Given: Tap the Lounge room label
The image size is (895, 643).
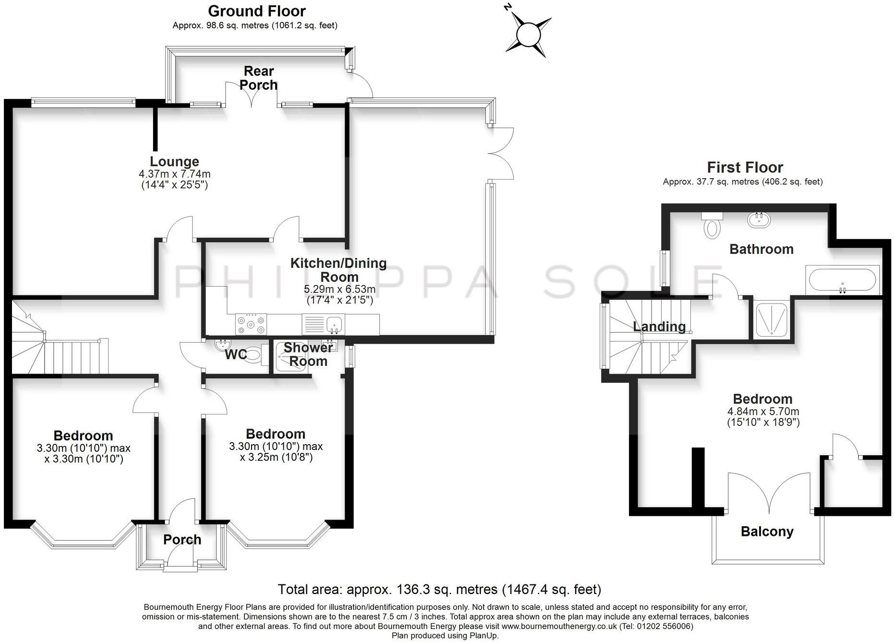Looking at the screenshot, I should (x=174, y=162).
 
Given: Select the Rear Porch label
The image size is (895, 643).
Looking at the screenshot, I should (x=258, y=78).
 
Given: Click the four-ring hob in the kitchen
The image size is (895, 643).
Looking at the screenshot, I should (x=251, y=324).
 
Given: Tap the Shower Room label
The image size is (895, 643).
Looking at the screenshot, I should (x=308, y=354).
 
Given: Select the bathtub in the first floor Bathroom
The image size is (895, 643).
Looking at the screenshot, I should (x=842, y=280).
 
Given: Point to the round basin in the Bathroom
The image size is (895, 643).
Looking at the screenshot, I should (x=759, y=220).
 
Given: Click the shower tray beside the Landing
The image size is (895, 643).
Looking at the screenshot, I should (x=770, y=318).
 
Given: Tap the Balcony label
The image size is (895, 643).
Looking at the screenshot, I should (x=767, y=532).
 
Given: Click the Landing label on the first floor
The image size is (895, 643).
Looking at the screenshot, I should (x=659, y=327).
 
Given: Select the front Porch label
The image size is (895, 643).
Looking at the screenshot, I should (x=182, y=540).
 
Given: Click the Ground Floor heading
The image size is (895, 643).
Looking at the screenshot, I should (x=256, y=11).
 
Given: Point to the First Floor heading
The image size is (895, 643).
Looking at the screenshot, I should (x=745, y=168).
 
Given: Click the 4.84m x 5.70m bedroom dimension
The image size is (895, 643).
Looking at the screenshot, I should (x=763, y=412).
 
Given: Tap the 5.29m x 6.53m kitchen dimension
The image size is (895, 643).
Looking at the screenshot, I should (x=339, y=290).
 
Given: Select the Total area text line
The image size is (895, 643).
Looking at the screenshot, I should (x=439, y=589).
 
